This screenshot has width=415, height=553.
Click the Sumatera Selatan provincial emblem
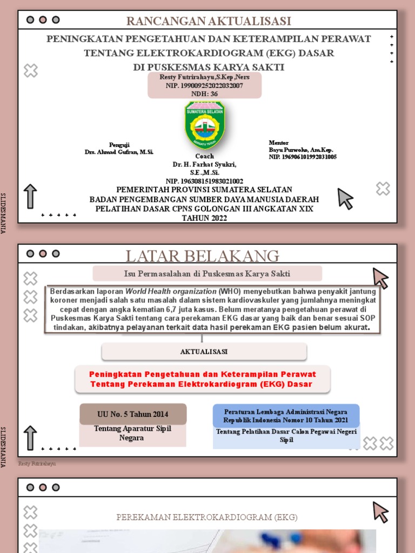click(205, 125)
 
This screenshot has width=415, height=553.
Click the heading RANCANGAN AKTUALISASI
click(209, 21)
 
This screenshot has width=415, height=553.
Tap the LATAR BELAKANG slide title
click(203, 256)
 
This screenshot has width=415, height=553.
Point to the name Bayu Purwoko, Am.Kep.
click(301, 150)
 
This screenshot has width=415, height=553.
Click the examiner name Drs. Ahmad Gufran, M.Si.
click(119, 152)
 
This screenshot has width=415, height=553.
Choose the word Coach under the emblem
click(204, 156)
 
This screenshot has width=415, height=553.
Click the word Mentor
click(279, 143)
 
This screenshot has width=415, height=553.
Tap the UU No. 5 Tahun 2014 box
click(132, 414)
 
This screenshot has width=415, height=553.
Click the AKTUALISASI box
click(204, 352)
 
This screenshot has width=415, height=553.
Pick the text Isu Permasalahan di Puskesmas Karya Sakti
click(207, 273)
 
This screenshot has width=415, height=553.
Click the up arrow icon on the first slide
click(30, 197)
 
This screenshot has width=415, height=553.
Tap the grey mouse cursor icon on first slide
click(345, 199)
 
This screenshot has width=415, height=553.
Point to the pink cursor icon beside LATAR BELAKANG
click(380, 278)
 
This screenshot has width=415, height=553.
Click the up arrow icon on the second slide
click(30, 437)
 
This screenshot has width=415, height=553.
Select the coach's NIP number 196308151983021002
click(204, 181)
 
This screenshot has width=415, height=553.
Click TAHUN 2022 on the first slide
click(204, 218)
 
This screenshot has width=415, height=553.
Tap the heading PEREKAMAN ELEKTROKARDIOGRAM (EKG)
click(207, 517)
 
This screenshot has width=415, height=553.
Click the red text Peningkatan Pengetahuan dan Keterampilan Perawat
click(203, 374)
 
